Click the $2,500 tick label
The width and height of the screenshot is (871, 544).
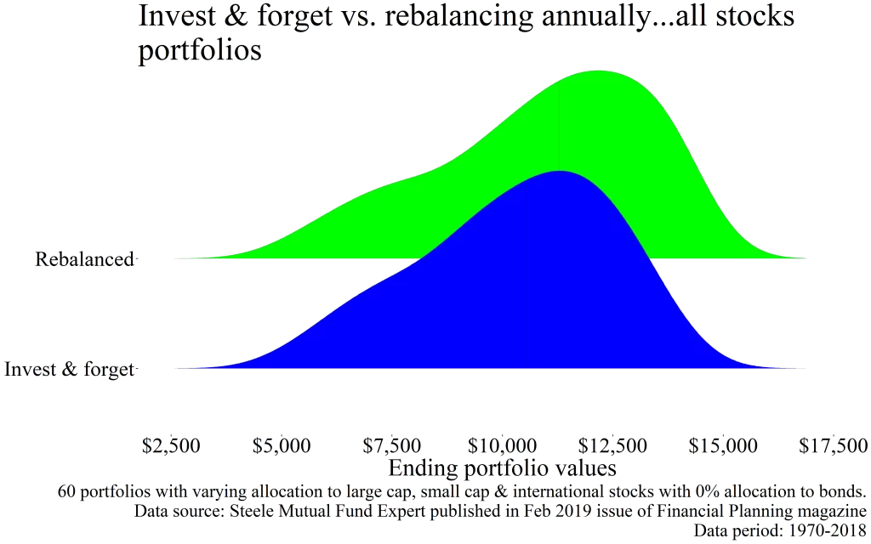171,445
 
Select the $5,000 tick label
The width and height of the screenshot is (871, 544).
282,445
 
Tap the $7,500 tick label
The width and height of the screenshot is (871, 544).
392,445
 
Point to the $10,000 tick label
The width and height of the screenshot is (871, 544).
503,445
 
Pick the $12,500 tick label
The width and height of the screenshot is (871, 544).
613,445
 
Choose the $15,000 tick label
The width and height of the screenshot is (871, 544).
723,445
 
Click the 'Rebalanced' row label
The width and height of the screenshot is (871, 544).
85,259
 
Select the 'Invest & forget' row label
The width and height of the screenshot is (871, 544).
70,370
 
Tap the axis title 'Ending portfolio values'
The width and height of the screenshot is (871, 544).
502,467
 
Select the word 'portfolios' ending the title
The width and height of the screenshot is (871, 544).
199,50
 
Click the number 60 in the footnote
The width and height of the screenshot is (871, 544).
67,491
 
